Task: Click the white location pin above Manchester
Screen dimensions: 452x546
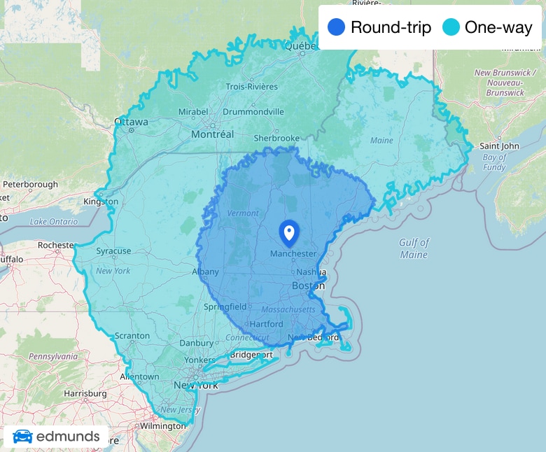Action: click(288, 232)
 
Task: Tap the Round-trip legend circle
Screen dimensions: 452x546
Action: click(337, 28)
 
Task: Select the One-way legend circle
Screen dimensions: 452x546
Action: click(451, 28)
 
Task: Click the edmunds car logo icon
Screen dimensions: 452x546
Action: click(22, 437)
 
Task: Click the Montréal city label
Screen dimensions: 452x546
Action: click(212, 134)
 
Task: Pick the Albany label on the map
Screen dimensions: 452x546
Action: click(205, 271)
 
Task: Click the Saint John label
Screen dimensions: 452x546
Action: click(500, 146)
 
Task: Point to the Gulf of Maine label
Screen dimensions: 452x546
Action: click(414, 248)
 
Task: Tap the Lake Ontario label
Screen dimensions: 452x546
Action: click(53, 222)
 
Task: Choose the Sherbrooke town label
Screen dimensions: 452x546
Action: click(276, 139)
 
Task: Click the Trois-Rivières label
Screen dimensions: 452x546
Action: click(251, 87)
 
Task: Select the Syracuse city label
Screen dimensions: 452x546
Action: click(113, 250)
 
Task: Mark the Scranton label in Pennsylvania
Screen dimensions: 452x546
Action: click(132, 336)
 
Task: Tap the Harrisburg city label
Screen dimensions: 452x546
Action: click(85, 393)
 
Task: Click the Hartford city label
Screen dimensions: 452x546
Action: click(266, 324)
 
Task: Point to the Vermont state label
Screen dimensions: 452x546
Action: click(243, 213)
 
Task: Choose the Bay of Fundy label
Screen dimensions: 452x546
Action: click(494, 162)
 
